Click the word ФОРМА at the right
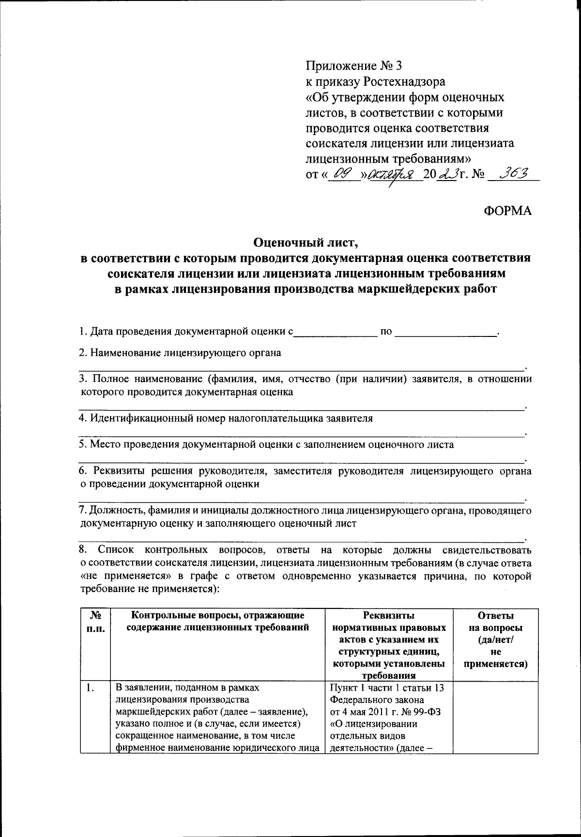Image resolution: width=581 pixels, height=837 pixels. [507, 210]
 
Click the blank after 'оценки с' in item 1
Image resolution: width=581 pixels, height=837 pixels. [335, 332]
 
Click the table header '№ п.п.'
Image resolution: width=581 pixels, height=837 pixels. [95, 622]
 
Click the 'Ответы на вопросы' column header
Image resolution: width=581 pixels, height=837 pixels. [495, 622]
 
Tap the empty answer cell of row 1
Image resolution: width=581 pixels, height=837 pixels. [495, 716]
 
